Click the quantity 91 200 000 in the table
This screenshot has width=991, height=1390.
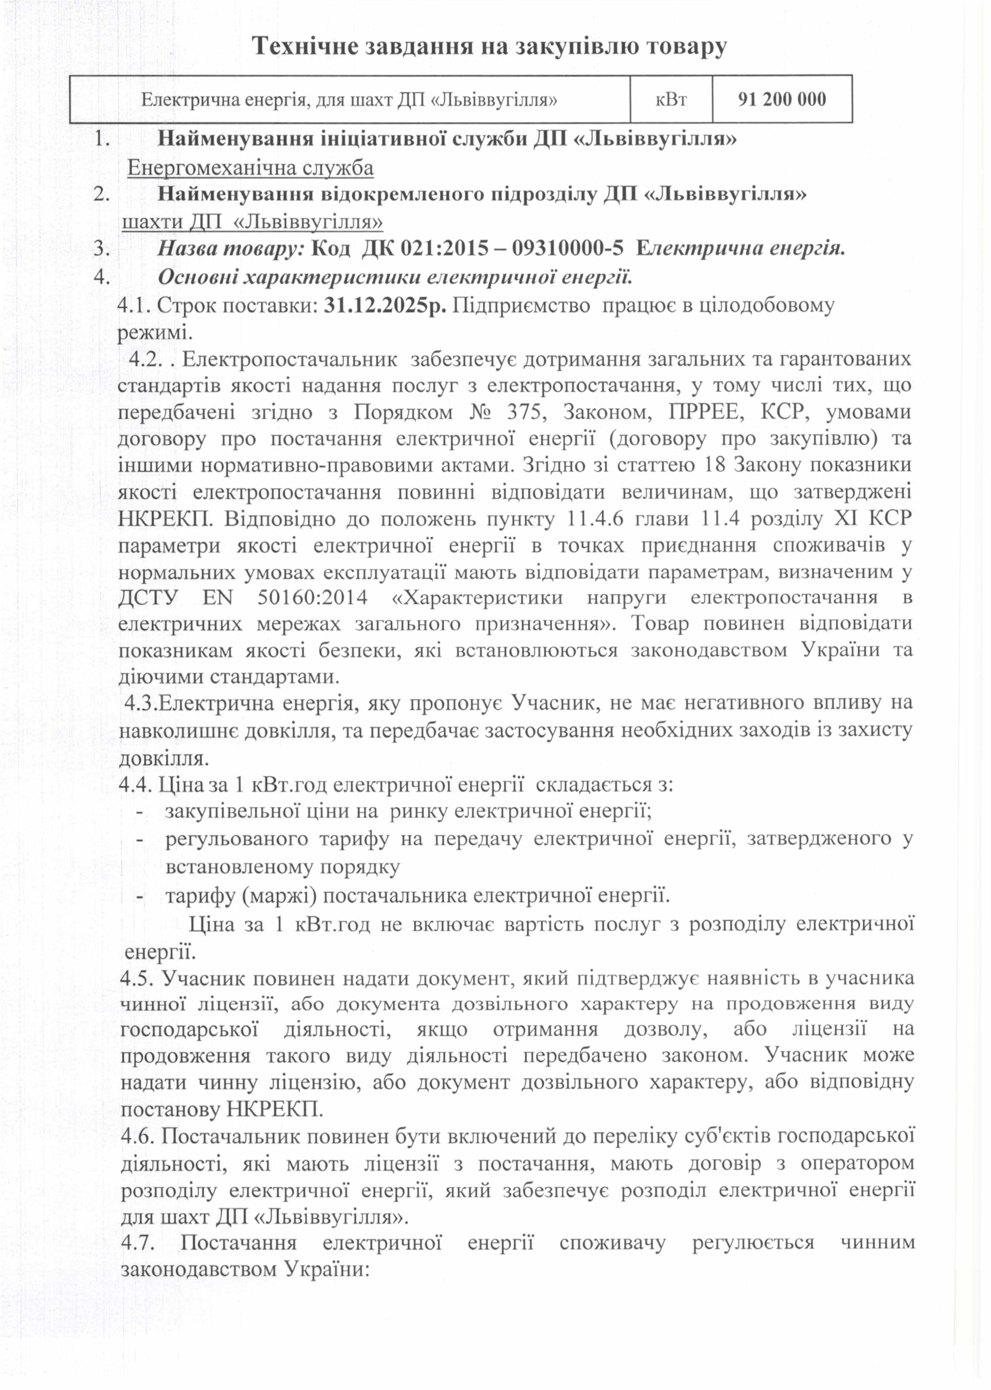pyautogui.click(x=782, y=99)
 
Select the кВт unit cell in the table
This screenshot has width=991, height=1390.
pyautogui.click(x=671, y=99)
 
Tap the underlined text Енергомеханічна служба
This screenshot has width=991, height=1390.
pyautogui.click(x=250, y=167)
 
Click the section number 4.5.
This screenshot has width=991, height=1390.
pyautogui.click(x=138, y=978)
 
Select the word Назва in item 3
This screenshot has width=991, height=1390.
pyautogui.click(x=183, y=249)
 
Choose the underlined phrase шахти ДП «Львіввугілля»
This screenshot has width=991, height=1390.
pyautogui.click(x=253, y=221)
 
